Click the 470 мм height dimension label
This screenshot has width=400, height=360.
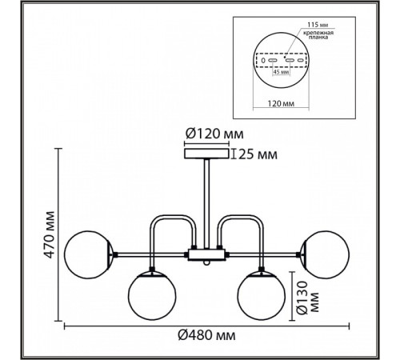point(50,234)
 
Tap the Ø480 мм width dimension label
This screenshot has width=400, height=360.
point(206,335)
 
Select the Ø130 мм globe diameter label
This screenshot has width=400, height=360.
point(308,298)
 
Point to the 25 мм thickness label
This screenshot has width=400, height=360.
point(258,154)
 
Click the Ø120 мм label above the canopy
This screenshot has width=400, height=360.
point(214,134)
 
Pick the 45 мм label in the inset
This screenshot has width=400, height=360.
point(282,72)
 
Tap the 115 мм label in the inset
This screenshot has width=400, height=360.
point(318,25)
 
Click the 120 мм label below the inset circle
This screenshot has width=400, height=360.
point(281,103)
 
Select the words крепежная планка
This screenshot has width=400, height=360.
point(318,35)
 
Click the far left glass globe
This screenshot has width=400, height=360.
point(87,254)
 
